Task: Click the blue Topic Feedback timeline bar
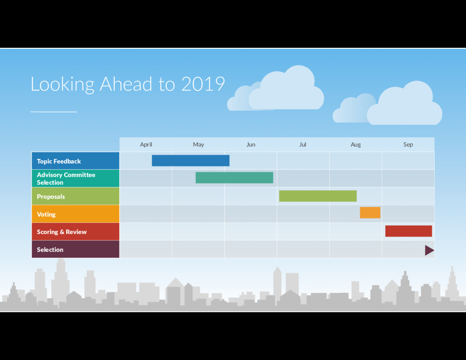click(190, 161)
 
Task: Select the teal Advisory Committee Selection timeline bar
click(234, 178)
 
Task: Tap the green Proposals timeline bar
click(318, 196)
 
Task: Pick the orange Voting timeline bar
click(370, 213)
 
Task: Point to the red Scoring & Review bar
click(408, 231)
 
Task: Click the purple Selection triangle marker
click(429, 250)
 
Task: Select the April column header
click(146, 145)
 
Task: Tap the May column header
click(198, 145)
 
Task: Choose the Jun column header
click(251, 145)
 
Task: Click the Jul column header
click(303, 145)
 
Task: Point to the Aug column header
click(355, 145)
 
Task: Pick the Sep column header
click(408, 145)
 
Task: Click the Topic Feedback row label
click(59, 161)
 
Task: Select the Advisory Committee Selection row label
click(66, 178)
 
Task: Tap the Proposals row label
click(51, 197)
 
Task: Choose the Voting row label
click(46, 214)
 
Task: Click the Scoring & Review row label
click(62, 232)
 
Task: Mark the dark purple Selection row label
click(50, 250)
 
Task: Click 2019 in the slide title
click(203, 84)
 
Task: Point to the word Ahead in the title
click(126, 84)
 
